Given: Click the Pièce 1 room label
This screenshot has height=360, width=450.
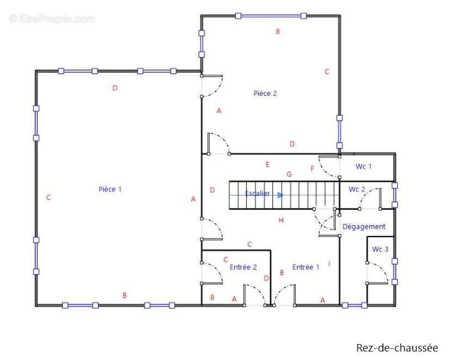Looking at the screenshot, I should click(110, 189).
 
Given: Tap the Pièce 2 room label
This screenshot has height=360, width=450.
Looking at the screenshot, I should click(265, 93).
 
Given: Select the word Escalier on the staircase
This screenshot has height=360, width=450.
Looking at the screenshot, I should click(257, 194).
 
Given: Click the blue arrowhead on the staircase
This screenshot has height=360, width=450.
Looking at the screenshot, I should click(280, 194).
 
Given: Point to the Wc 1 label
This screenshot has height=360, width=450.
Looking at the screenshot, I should click(363, 166).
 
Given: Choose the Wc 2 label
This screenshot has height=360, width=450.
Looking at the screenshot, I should click(357, 190).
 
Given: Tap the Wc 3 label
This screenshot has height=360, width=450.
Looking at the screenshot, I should click(380, 249).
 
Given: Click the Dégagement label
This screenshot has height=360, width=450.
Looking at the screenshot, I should click(364, 226).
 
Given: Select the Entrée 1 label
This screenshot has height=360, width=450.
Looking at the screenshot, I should click(306, 267).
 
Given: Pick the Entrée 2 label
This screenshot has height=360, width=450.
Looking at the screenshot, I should click(243, 267).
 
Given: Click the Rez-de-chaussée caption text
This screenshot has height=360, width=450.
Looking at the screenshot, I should click(397, 347).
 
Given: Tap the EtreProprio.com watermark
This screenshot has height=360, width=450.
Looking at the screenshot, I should click(52, 19).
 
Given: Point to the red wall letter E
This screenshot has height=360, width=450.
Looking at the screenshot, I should click(267, 164).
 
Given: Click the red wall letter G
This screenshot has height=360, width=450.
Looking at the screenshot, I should click(289, 174).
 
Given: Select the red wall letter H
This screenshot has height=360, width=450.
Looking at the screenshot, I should click(281, 221).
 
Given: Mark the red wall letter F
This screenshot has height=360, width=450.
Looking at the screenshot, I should click(312, 169).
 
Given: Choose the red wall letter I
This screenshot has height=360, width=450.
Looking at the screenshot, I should click(329, 264).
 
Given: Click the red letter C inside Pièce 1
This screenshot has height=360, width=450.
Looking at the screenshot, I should click(48, 198).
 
